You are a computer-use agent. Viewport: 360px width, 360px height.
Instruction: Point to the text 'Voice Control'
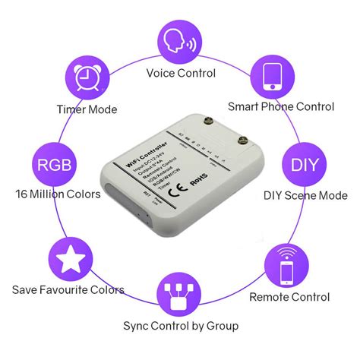coord(180,74)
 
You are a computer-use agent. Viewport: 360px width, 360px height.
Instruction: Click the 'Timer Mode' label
coord(87,109)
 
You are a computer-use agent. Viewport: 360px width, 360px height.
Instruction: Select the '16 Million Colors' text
coord(57,194)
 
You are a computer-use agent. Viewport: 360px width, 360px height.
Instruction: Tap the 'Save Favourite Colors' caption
coord(68,289)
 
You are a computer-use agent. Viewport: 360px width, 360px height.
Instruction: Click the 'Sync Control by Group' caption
coord(181,326)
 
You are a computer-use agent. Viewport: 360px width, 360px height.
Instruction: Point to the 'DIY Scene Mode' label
coord(305,195)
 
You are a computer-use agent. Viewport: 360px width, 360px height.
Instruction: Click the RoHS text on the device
coord(198,182)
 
